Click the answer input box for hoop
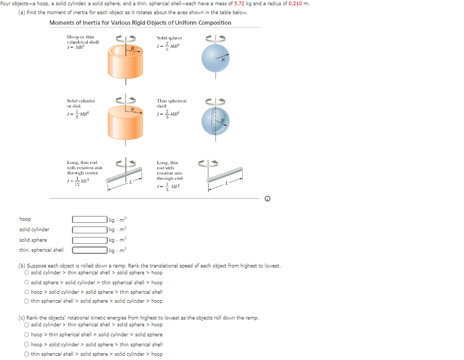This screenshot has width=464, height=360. tap(89, 219)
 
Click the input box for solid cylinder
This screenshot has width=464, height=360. tap(89, 230)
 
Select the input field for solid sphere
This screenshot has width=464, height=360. tap(89, 240)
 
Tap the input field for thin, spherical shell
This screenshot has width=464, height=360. tap(89, 250)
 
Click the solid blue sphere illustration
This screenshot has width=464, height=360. tap(215, 59)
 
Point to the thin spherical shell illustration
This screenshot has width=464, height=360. tap(215, 121)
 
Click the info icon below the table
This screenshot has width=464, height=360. tap(268, 199)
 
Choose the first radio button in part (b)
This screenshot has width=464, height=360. tap(27, 273)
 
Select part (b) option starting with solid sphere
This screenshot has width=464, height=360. tap(27, 283)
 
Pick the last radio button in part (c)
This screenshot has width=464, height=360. tap(27, 354)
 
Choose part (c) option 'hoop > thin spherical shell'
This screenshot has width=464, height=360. tap(27, 334)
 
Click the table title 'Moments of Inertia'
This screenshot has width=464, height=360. tap(140, 23)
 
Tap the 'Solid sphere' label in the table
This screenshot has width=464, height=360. tap(169, 38)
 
